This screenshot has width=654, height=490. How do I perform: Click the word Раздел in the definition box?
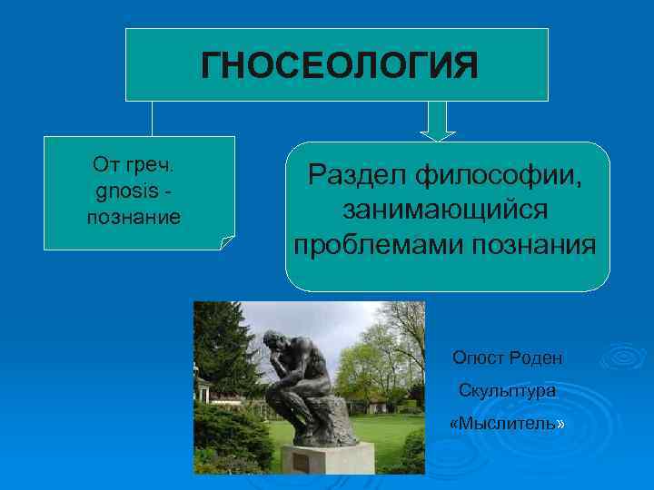point(355,174)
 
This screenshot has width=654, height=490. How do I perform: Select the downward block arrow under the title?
point(440,120)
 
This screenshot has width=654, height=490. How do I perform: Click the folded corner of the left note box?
point(227,241)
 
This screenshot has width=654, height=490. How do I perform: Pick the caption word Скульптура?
point(507,391)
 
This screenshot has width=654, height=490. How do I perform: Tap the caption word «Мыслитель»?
point(507,424)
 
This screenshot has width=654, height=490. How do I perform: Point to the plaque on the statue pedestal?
point(301,462)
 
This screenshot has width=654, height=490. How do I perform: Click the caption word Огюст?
point(477,358)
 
